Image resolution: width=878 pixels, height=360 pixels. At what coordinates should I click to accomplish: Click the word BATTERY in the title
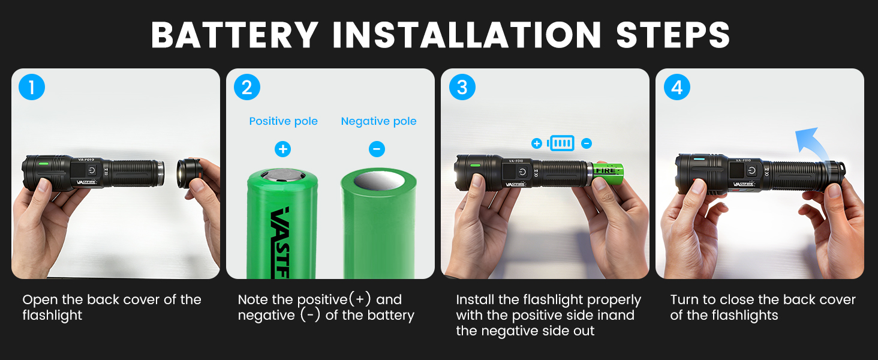pos(234,35)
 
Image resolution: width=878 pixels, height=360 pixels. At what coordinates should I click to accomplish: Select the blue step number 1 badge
pos(32,88)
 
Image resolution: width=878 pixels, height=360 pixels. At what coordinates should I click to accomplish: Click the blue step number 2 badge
pos(246,88)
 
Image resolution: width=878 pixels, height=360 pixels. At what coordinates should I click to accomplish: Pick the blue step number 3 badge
pos(462,88)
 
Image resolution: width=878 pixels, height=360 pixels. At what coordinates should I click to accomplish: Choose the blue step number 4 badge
pos(676,88)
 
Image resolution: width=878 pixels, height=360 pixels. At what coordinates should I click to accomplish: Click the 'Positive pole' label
pos(283,121)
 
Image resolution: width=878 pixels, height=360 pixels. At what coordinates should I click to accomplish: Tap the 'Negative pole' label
pos(378,121)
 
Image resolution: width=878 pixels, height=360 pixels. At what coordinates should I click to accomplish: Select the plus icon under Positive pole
pos(282,149)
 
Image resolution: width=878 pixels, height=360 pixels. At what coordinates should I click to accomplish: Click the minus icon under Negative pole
pos(377,149)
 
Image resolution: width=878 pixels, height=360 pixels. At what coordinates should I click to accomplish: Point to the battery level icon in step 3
pos(561,143)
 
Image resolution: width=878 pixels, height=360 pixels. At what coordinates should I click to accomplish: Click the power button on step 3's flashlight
pos(522,172)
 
